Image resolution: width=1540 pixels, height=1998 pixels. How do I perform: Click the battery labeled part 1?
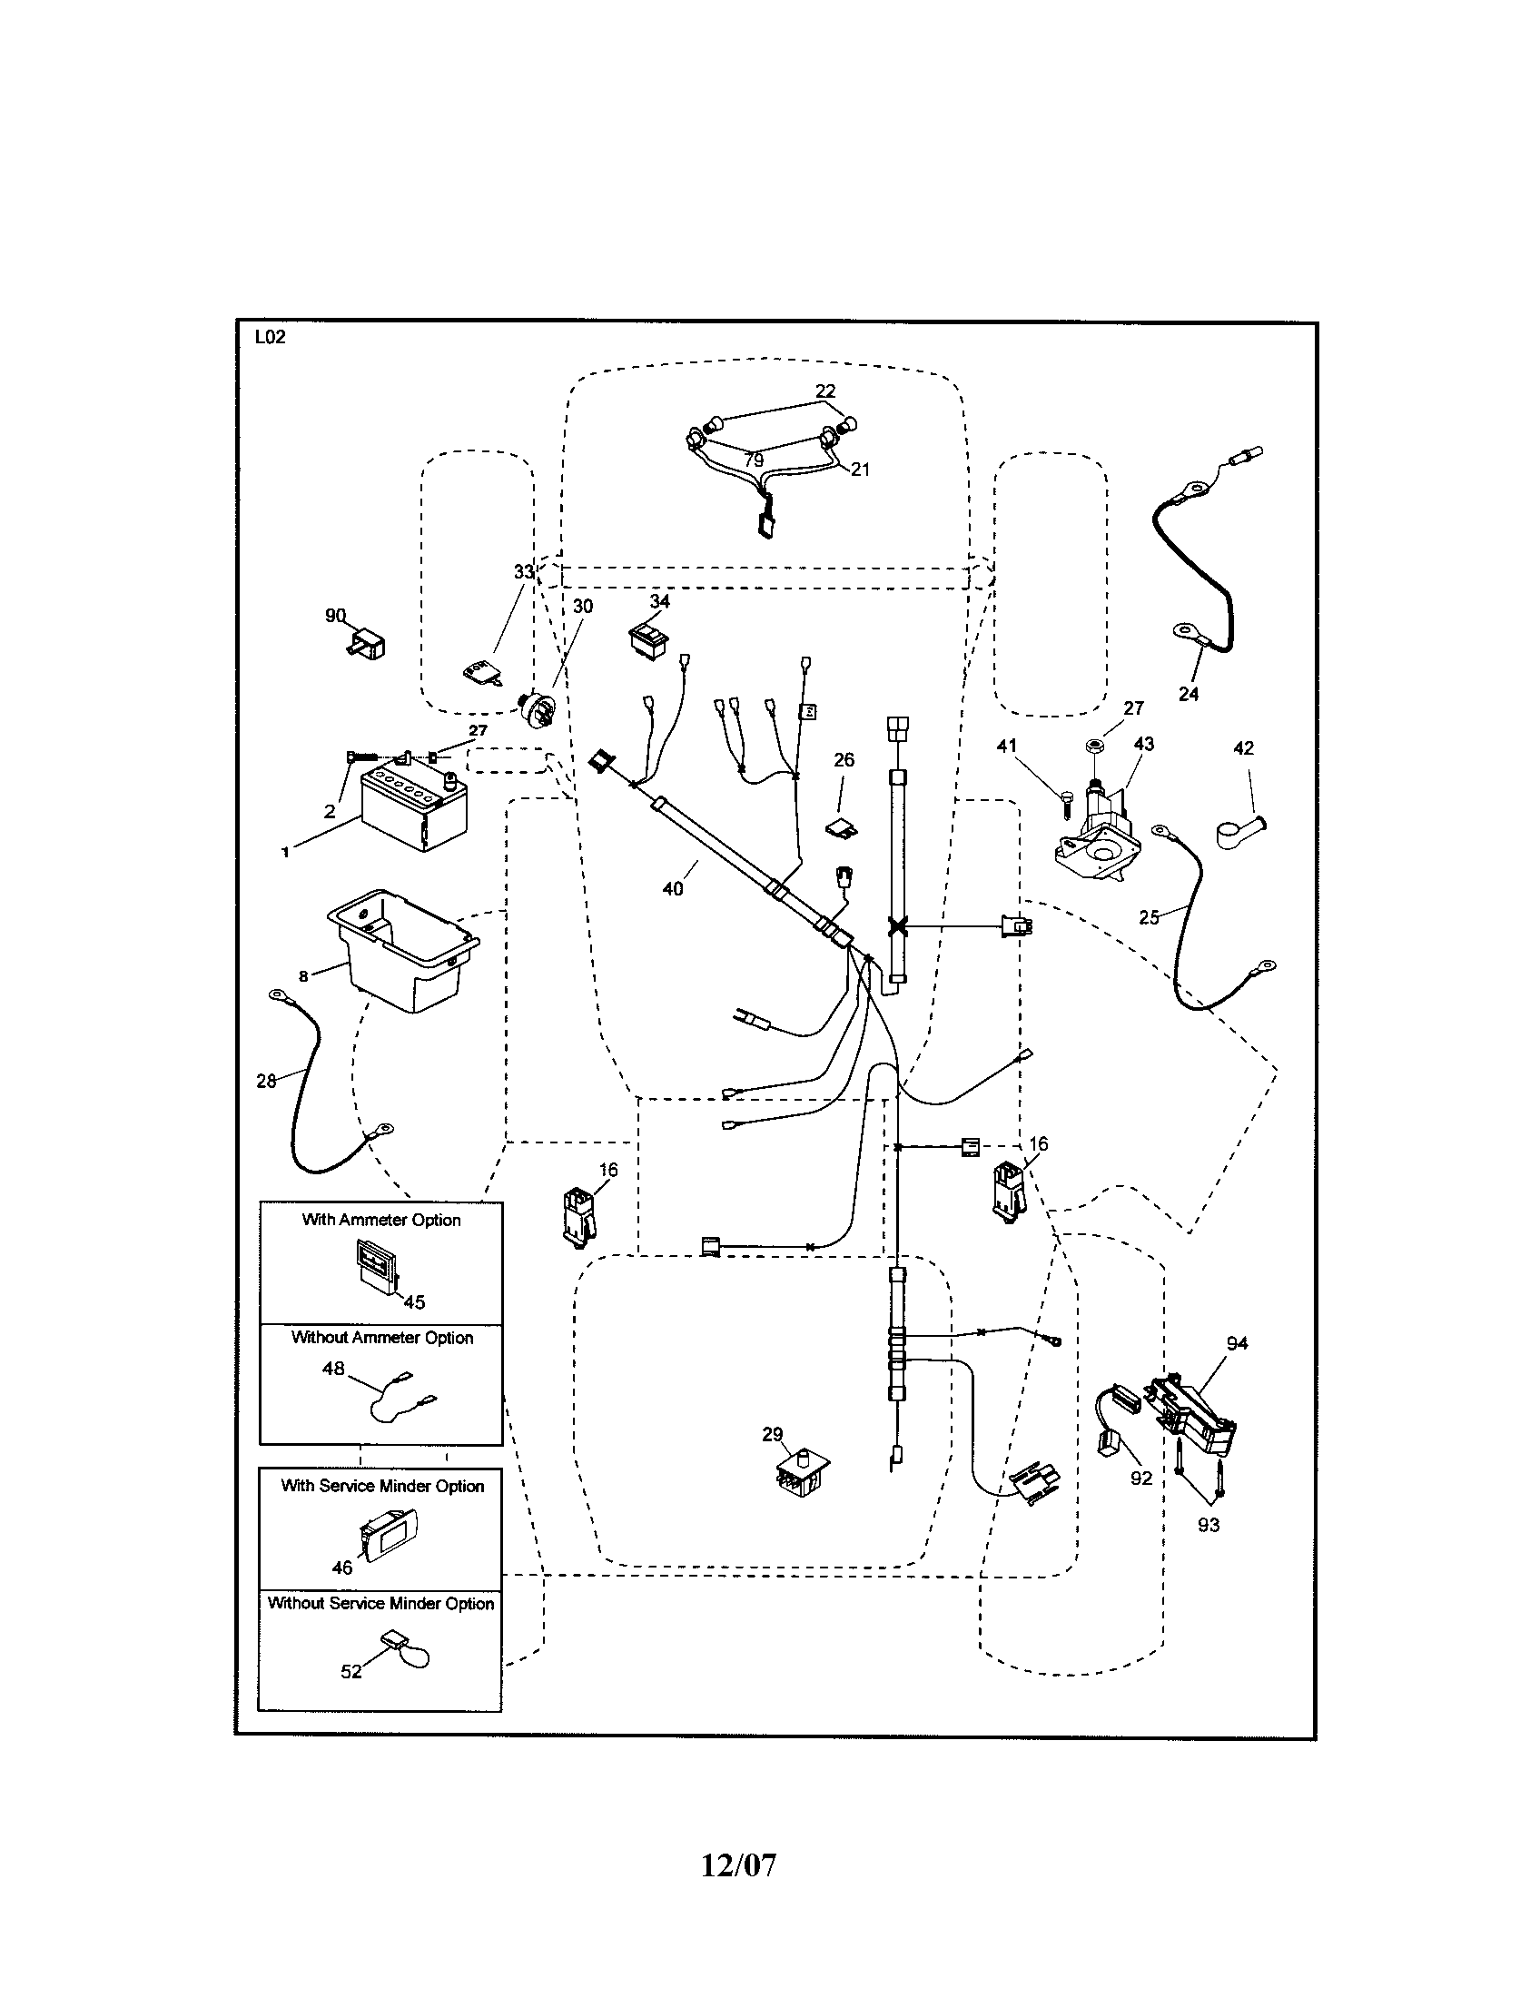pos(412,809)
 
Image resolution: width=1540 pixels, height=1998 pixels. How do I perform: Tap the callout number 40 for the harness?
pos(672,888)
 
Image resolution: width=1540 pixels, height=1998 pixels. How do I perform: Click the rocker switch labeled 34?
pos(647,637)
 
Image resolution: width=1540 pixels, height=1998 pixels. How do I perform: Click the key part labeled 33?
pos(484,675)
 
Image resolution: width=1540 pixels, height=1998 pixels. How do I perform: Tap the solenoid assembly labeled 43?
pos(1097,832)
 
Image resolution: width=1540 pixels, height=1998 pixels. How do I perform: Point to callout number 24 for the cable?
pos(1188,695)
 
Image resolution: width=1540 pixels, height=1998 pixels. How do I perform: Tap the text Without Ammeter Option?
pos(382,1338)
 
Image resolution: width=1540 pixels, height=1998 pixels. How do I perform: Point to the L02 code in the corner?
pos(270,337)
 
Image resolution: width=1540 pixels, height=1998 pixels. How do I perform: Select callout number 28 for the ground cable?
pos(266,1082)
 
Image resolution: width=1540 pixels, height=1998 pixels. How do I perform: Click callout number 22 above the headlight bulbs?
pos(824,391)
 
